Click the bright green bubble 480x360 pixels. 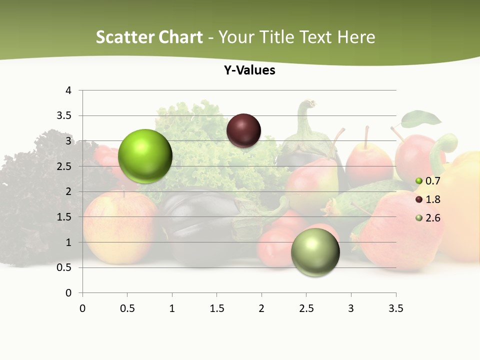click(145, 156)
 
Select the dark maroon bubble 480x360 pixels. click(243, 130)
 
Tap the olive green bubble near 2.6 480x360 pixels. click(315, 252)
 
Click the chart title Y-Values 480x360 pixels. click(249, 70)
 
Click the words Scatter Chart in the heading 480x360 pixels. click(149, 37)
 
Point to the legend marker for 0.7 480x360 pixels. click(419, 181)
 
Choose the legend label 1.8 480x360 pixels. click(432, 199)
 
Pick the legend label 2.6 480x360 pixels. click(432, 218)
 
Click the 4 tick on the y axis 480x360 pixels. click(68, 90)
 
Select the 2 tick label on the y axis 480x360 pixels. click(68, 191)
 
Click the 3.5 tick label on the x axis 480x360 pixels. click(395, 308)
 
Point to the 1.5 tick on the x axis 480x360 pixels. click(216, 308)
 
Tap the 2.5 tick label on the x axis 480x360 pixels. click(306, 308)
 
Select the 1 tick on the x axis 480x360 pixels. click(172, 308)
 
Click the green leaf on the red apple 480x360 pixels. click(421, 119)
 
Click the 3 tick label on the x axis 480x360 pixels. click(351, 308)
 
